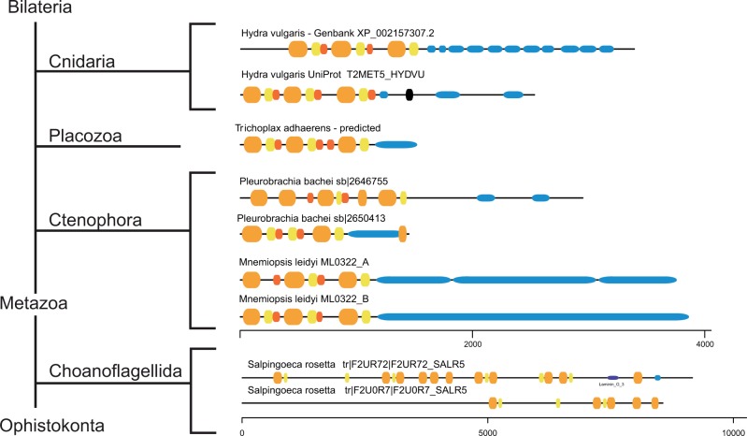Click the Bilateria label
click(36, 9)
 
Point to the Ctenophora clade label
click(95, 221)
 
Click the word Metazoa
click(33, 305)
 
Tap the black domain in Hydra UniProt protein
click(409, 94)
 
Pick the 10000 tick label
click(731, 430)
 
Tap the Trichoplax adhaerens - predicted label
click(310, 127)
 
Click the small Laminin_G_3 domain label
click(613, 384)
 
